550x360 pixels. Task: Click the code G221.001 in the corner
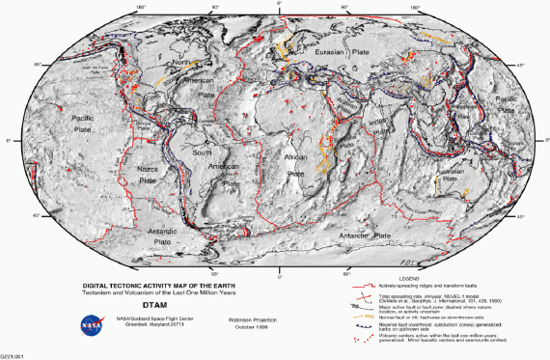[13, 354]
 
